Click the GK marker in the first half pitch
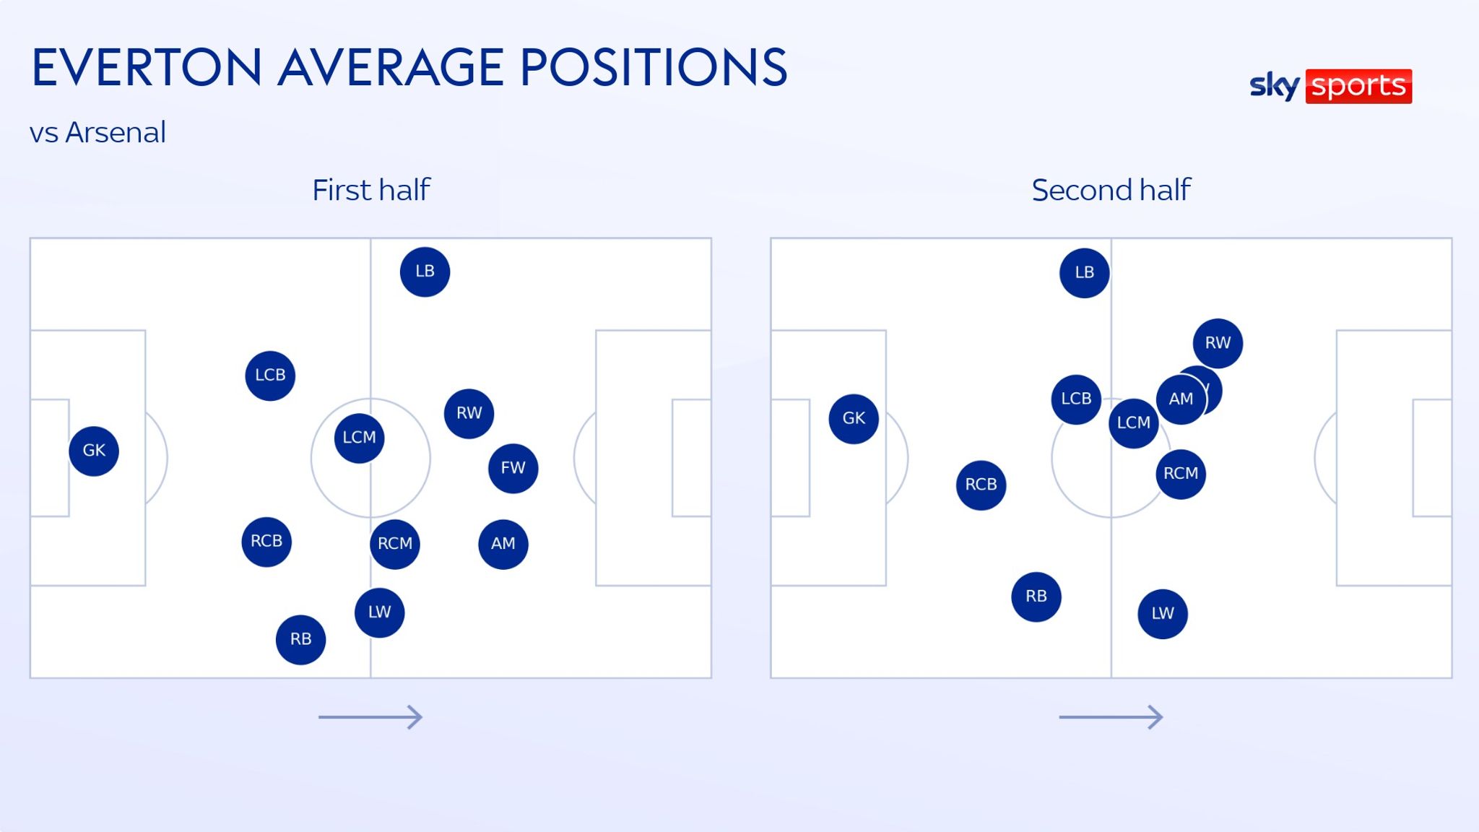tap(94, 451)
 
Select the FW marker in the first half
tap(513, 468)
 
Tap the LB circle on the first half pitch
tap(425, 272)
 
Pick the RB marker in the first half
tap(300, 639)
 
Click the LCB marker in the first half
tap(270, 376)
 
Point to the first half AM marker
tap(503, 544)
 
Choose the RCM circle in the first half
tap(394, 544)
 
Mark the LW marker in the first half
tap(379, 612)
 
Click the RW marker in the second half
tap(1218, 343)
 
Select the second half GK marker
tap(854, 418)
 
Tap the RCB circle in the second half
tap(981, 485)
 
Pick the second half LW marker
tap(1162, 614)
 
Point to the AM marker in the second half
tap(1181, 399)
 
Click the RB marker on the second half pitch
tap(1036, 597)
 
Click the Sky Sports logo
tap(1330, 86)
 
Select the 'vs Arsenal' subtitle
tap(97, 133)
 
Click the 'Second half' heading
tap(1111, 191)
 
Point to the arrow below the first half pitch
tap(370, 717)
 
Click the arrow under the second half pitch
tap(1111, 717)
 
